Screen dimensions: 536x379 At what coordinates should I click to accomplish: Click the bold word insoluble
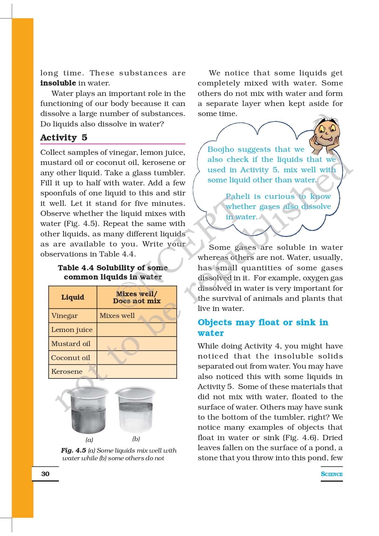point(58,83)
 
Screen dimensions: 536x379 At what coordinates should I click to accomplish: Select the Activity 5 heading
point(64,137)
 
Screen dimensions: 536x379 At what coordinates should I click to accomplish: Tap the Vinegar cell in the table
point(64,315)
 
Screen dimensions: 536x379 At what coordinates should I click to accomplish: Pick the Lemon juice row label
point(72,330)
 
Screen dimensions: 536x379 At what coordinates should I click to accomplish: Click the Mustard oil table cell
point(71,344)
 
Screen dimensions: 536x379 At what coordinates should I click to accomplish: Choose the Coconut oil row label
point(71,358)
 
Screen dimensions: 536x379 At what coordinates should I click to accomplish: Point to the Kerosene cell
point(67,371)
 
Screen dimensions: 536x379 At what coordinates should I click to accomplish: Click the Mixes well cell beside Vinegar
point(117,315)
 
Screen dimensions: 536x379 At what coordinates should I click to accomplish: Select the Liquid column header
point(73,297)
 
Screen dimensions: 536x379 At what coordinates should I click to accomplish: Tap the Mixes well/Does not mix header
point(137,297)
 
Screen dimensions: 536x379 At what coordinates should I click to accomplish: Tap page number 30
point(45,474)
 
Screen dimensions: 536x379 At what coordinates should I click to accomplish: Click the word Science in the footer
point(332,474)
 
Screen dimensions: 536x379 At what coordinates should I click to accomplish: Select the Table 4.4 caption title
point(113,272)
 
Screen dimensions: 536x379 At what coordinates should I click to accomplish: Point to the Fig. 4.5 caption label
point(73,450)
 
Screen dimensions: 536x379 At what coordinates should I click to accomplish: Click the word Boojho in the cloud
point(220,149)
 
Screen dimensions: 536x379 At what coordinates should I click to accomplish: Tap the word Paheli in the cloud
point(237,196)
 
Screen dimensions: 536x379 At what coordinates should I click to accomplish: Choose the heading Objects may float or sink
point(263,327)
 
